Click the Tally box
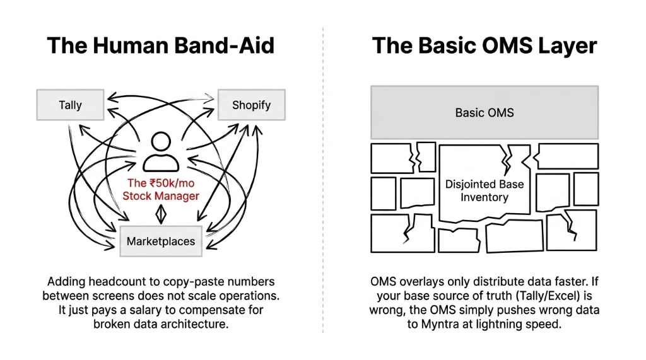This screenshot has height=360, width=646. (x=70, y=105)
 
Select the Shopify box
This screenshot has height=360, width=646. (x=251, y=105)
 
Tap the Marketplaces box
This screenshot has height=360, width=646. (x=161, y=241)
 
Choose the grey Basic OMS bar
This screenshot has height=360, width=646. (x=484, y=113)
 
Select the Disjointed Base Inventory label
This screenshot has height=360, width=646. (x=484, y=190)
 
